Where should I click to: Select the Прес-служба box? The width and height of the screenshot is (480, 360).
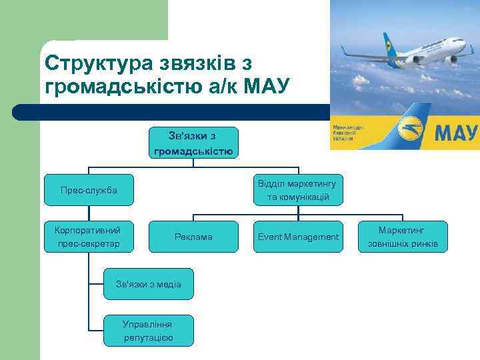click(89, 191)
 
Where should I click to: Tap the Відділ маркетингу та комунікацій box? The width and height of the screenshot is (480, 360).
click(298, 191)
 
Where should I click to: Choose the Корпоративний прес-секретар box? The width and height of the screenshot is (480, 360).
click(89, 237)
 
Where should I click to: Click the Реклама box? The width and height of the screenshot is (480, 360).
click(193, 237)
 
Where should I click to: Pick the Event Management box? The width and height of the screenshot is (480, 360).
click(298, 237)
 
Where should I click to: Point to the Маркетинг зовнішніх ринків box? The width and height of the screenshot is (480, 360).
click(403, 237)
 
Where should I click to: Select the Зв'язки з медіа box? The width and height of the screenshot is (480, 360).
click(149, 284)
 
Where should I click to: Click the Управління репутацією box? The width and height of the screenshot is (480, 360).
click(148, 331)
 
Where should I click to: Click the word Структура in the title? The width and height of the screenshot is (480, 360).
click(98, 63)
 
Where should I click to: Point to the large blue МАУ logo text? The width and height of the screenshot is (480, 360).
click(456, 131)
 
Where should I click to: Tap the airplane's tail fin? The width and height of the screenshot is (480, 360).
click(387, 39)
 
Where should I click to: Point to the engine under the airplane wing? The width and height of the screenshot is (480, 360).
click(419, 59)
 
